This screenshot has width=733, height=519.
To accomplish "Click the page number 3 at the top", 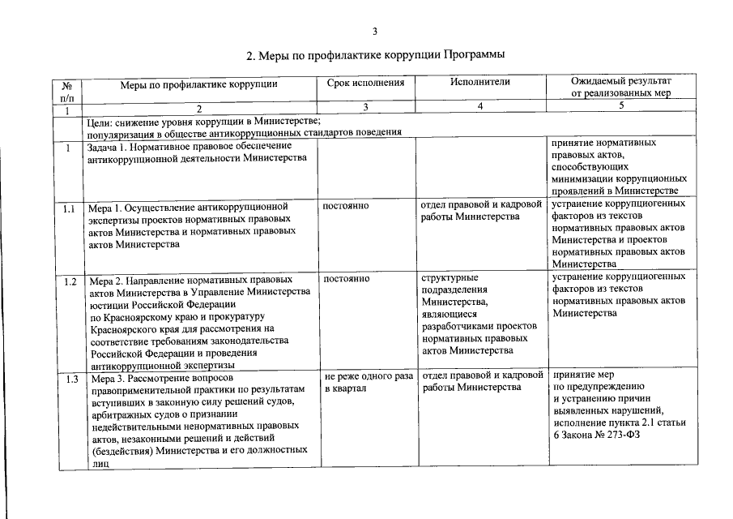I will pyautogui.click(x=374, y=32).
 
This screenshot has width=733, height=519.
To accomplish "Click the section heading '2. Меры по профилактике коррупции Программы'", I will pyautogui.click(x=375, y=56).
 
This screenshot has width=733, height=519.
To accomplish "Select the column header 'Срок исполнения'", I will pyautogui.click(x=365, y=83).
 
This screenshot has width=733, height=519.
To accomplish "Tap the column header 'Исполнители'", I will pyautogui.click(x=480, y=83).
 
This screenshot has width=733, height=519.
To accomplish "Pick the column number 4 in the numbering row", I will pyautogui.click(x=480, y=107).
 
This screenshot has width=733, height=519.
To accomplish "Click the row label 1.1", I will pyautogui.click(x=70, y=208).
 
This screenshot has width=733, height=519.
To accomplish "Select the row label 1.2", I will pyautogui.click(x=70, y=281).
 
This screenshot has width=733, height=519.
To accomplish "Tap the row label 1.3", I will pyautogui.click(x=70, y=379).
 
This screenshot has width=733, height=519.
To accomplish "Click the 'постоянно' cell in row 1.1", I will pyautogui.click(x=346, y=206).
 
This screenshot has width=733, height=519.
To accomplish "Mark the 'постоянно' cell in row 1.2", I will pyautogui.click(x=346, y=279).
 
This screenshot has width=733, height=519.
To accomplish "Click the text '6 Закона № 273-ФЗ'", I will pyautogui.click(x=596, y=435).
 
